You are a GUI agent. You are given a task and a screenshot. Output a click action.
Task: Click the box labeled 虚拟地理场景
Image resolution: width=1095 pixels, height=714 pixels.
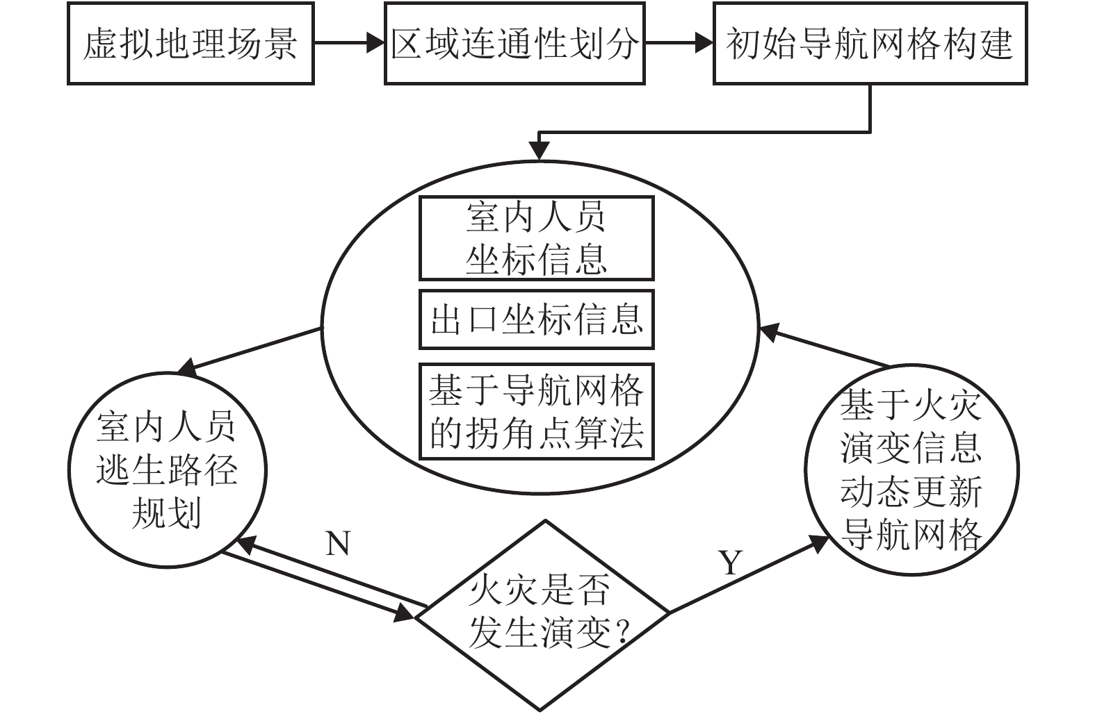tap(190, 44)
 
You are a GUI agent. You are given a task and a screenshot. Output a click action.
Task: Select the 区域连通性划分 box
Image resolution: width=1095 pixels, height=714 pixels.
tap(514, 44)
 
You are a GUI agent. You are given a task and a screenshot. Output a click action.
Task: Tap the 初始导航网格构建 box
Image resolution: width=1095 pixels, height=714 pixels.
tap(870, 44)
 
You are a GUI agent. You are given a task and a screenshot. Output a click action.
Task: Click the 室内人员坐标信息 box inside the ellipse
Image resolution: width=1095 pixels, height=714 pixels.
tap(536, 238)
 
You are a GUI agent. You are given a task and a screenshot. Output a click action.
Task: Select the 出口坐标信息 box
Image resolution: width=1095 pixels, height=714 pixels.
tap(536, 319)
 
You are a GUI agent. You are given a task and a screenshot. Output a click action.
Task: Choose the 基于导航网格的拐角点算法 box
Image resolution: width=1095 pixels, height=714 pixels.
tap(536, 411)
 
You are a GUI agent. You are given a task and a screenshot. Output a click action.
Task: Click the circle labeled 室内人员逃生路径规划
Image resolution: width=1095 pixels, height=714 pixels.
tap(167, 470)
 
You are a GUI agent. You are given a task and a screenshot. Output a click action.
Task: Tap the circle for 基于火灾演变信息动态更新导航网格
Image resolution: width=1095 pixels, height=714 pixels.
tap(911, 470)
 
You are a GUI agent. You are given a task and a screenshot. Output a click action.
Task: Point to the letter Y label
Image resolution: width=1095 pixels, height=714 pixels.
tap(730, 563)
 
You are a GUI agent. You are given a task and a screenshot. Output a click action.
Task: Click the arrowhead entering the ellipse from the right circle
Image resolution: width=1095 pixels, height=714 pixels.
tap(769, 331)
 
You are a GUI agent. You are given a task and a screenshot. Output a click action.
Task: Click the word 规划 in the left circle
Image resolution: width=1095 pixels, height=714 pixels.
tap(166, 514)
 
